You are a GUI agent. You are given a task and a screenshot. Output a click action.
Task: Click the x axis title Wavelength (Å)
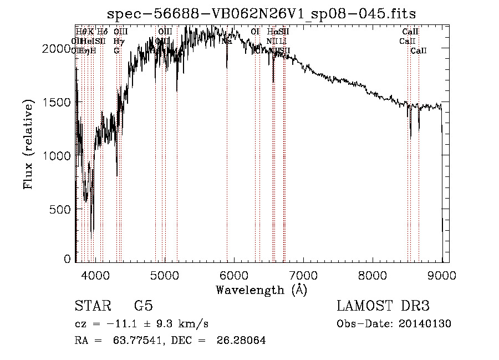261,289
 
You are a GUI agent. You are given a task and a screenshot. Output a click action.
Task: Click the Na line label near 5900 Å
226,41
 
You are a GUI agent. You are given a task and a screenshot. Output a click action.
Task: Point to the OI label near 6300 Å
255,32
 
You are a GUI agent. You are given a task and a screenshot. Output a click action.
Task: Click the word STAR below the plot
93,306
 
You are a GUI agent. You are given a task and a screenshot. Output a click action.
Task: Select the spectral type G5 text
143,306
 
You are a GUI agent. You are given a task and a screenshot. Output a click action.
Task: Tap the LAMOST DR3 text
383,306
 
